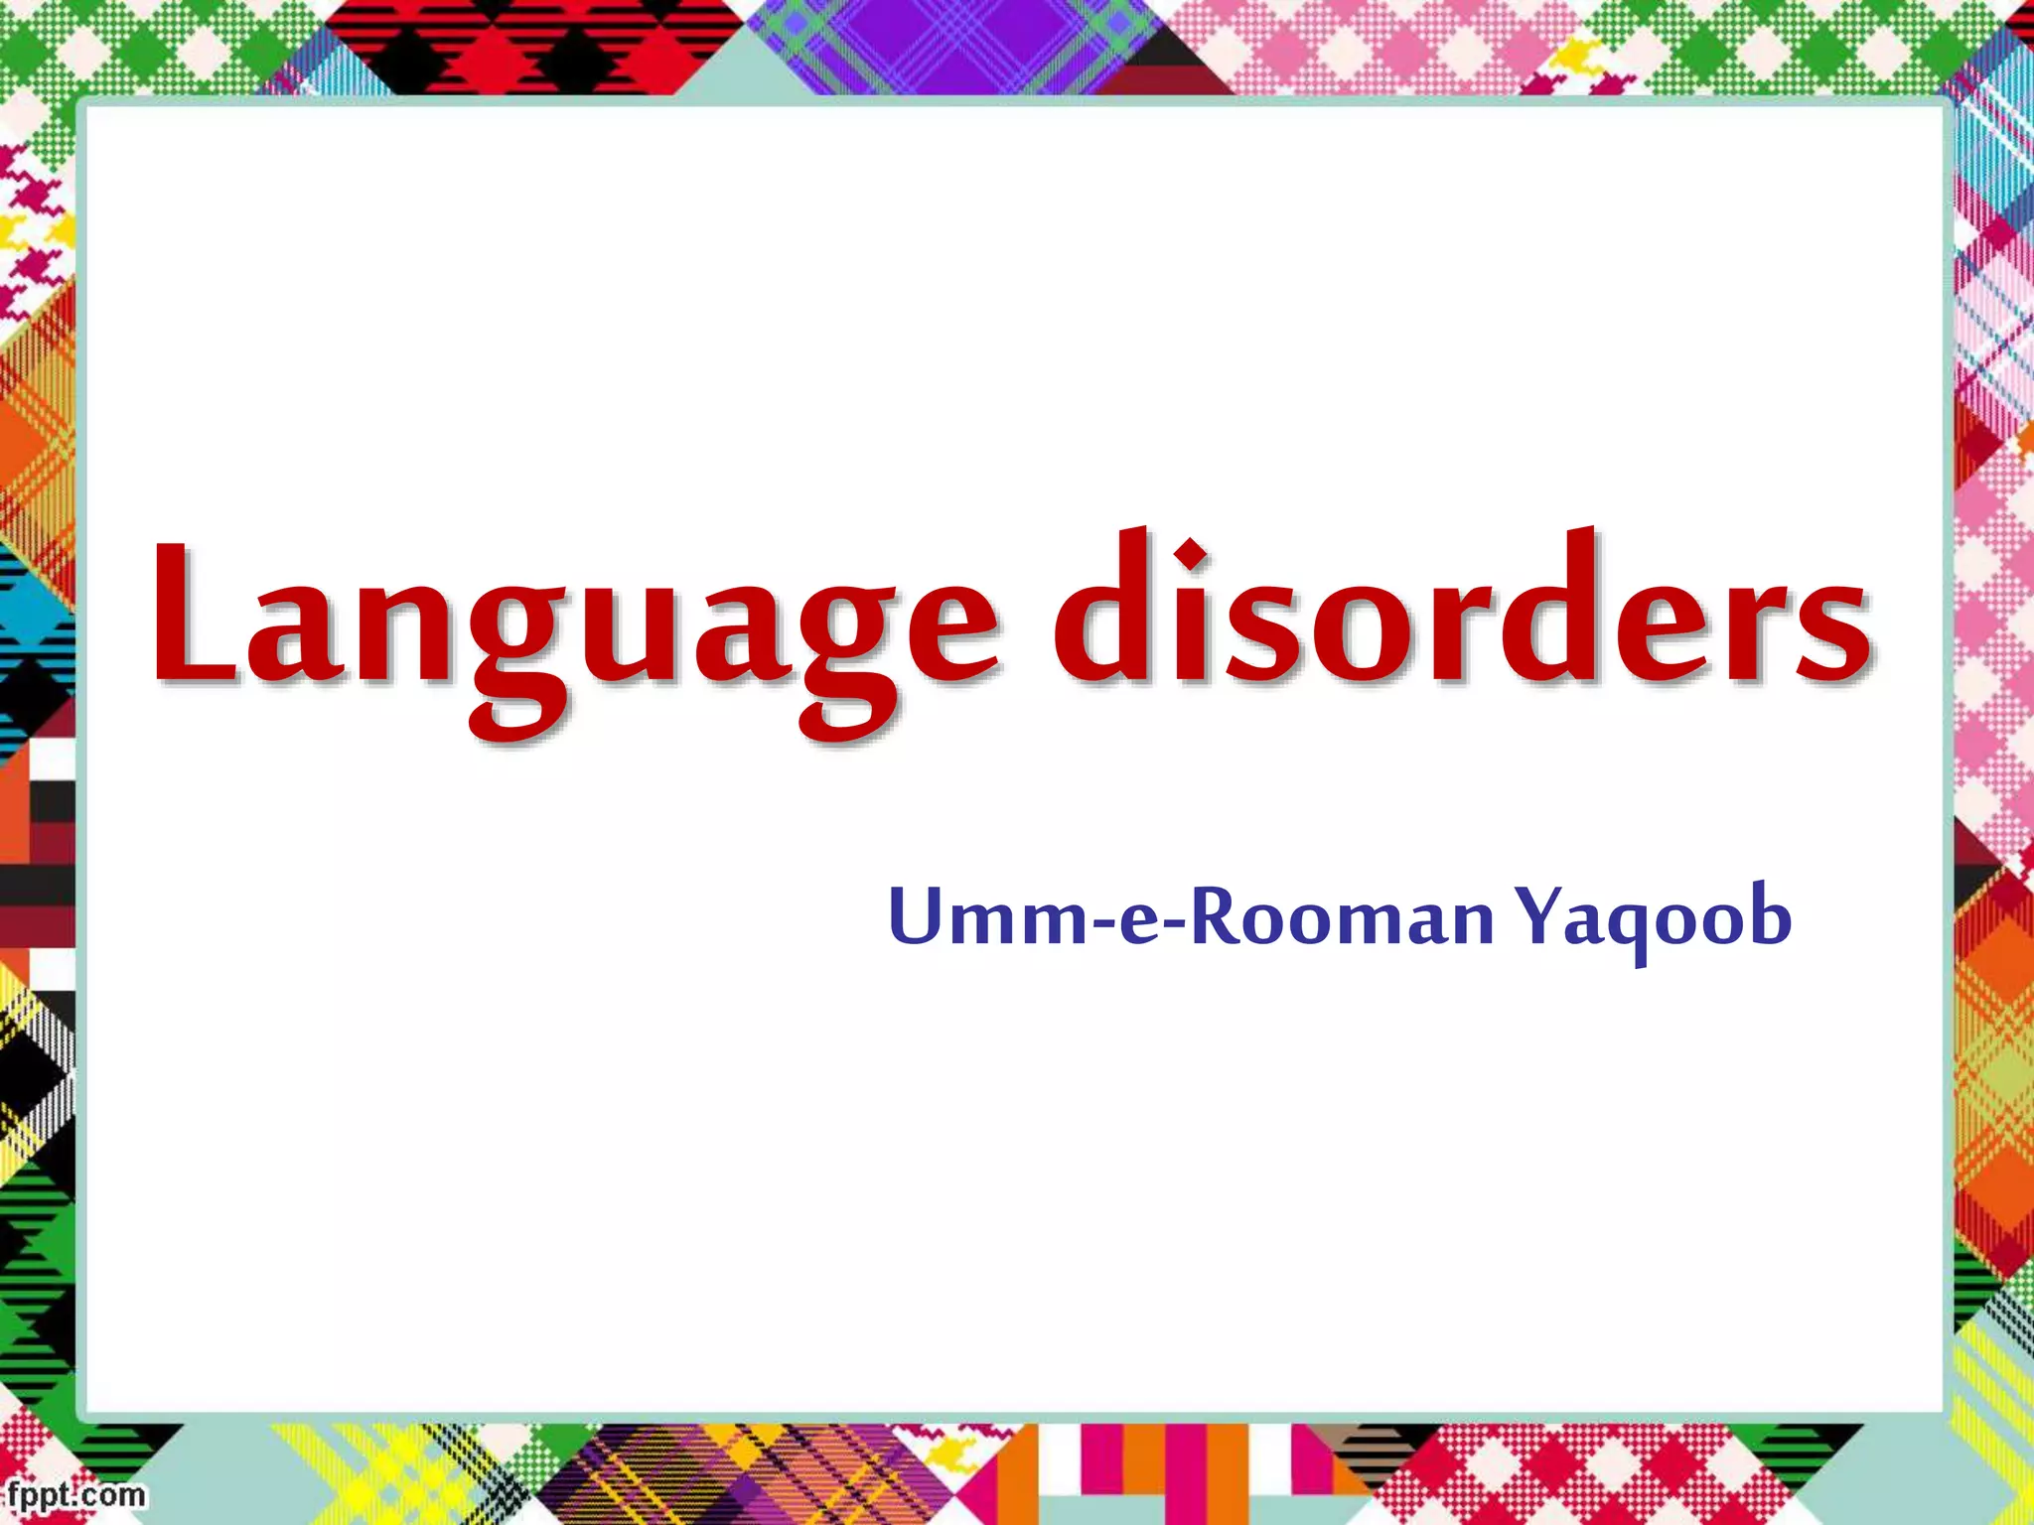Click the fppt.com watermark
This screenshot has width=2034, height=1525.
pyautogui.click(x=74, y=1495)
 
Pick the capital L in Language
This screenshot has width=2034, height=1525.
pyautogui.click(x=194, y=616)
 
